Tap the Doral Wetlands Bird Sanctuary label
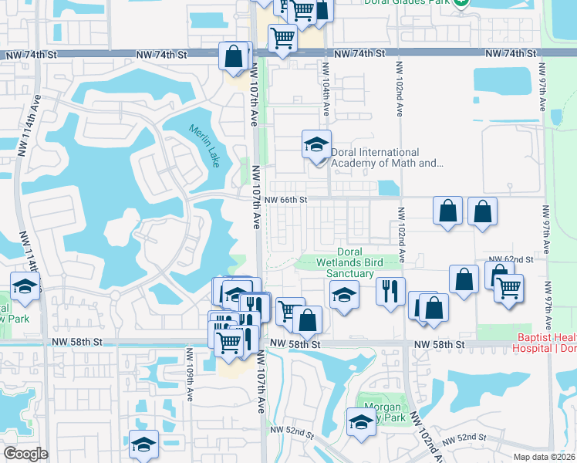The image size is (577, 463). (360, 262)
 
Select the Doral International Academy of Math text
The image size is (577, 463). (386, 157)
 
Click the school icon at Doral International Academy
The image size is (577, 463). (316, 144)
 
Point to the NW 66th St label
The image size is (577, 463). (286, 200)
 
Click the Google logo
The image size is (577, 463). (25, 454)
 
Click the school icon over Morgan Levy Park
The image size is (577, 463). (360, 422)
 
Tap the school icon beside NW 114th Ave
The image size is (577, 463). (25, 287)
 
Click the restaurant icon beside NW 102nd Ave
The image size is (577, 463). (390, 292)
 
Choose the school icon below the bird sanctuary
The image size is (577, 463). (344, 294)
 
